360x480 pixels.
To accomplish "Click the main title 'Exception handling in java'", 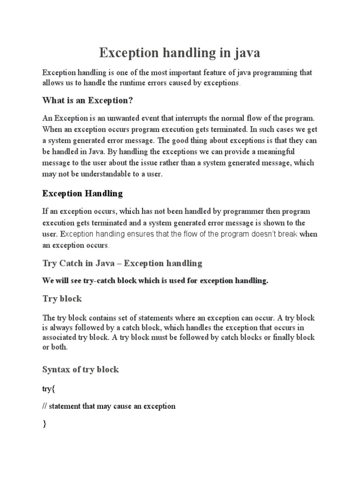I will pos(179,53).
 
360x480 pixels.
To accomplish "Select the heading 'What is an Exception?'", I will pos(85,100).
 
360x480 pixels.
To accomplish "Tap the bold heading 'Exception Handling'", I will pos(82,193).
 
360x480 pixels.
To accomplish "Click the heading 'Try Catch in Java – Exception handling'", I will pos(122,263).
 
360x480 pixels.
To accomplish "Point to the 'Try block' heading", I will pos(62,299).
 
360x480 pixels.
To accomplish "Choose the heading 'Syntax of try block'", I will pos(81,369).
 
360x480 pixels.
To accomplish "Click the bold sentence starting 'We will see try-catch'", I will pos(155,281).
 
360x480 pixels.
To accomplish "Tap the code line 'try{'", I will pos(49,389).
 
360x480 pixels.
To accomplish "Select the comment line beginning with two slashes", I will pos(109,406).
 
